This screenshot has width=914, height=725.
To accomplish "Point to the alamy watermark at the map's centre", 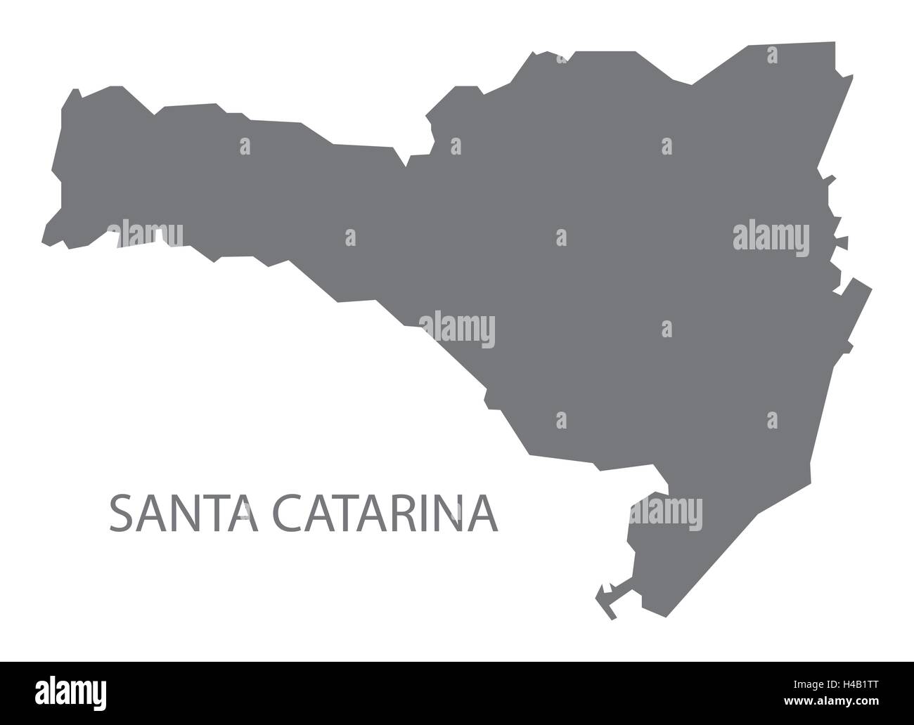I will [x=457, y=329].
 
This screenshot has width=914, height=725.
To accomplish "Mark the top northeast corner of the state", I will [x=835, y=44].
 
